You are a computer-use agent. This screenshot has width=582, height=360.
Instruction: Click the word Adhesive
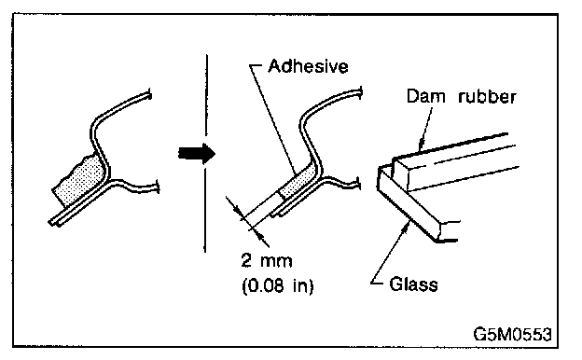308,66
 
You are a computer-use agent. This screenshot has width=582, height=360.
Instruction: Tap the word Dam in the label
425,96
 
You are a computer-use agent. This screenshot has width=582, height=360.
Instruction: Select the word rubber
487,96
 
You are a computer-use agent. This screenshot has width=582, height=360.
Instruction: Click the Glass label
413,284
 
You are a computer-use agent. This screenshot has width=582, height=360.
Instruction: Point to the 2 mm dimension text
267,260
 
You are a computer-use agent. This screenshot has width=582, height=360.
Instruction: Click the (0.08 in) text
278,285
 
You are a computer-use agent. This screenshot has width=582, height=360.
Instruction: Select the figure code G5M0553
513,335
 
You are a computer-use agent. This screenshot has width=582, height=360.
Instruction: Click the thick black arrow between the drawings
197,153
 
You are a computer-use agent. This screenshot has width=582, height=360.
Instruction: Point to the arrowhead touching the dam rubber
422,145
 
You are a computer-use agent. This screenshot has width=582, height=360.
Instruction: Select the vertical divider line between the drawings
206,153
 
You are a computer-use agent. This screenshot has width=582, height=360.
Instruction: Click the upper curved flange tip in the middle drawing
360,92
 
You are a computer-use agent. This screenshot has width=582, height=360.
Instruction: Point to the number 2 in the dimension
246,260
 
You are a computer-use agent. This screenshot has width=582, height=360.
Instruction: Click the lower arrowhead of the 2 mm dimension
256,233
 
